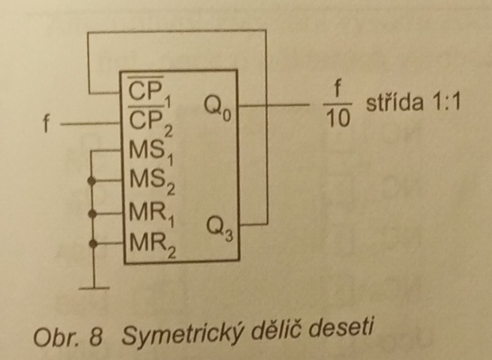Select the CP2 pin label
pos(146,123)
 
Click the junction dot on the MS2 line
pos(91,180)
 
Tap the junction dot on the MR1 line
pos(91,212)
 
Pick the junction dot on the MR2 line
pos(91,243)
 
